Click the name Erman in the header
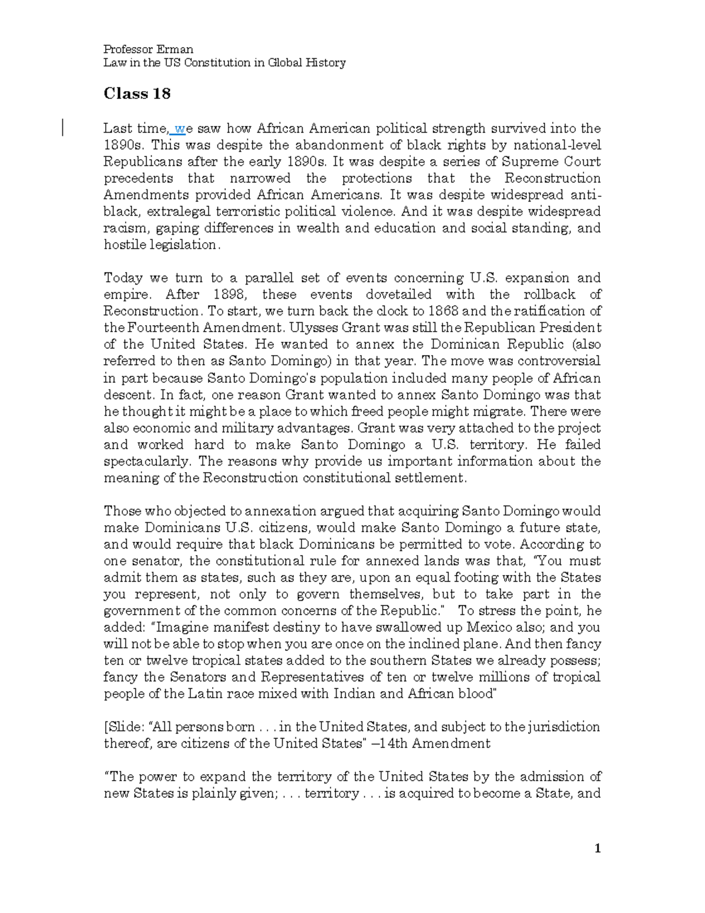point(174,49)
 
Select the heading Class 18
point(137,93)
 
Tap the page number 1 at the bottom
point(597,848)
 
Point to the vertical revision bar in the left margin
point(62,127)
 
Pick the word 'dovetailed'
point(398,294)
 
